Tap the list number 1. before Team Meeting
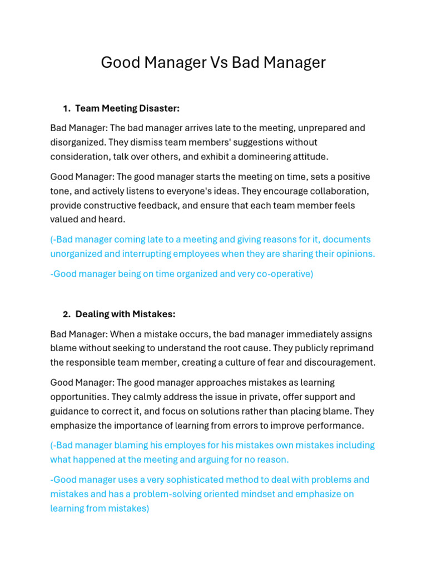tap(67, 108)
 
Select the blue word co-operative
tap(282, 274)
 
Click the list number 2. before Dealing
tap(67, 314)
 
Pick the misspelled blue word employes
tap(180, 446)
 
